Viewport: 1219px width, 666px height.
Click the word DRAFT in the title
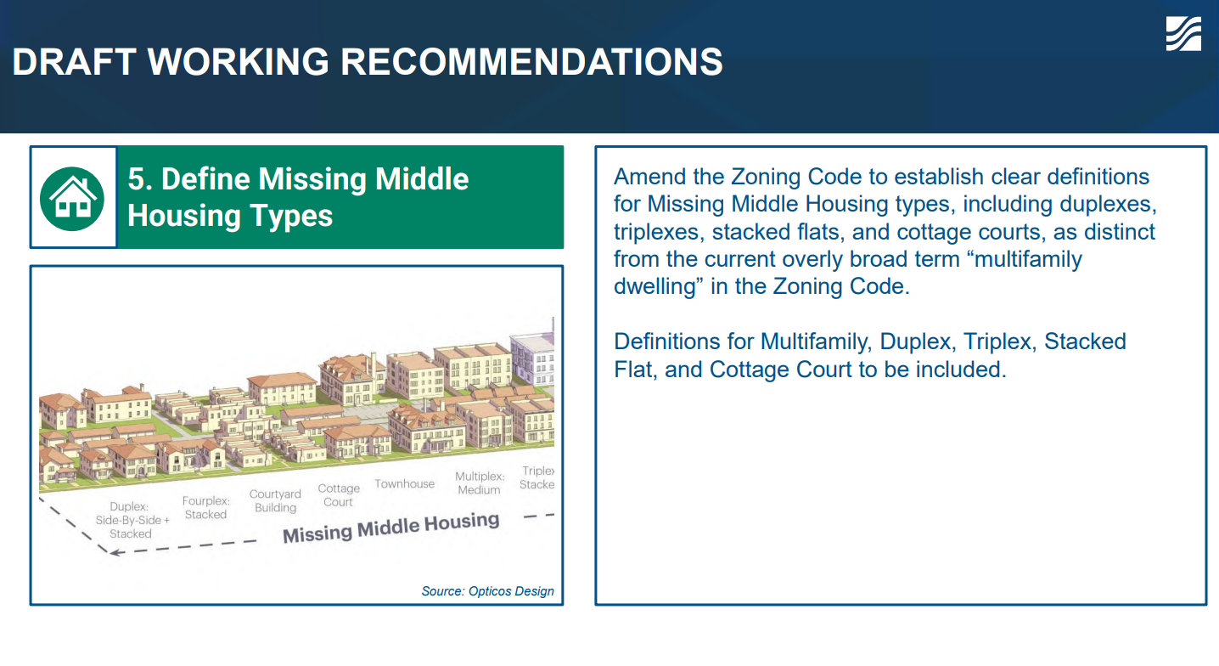tap(74, 61)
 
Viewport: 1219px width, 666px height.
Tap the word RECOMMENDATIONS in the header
tap(531, 61)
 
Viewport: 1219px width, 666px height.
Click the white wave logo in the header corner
tap(1183, 34)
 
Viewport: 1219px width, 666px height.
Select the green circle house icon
tap(72, 199)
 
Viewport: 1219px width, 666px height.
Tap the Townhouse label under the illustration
tap(404, 483)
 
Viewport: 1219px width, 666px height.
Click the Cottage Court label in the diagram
tap(339, 495)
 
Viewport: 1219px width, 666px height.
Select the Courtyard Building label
tap(275, 500)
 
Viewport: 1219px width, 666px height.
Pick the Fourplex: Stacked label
tap(205, 507)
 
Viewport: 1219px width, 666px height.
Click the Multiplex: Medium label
tap(480, 483)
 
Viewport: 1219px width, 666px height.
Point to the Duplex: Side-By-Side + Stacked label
tap(132, 520)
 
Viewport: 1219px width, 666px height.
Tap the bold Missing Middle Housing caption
tap(390, 528)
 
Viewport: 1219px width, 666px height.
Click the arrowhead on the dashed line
tap(115, 553)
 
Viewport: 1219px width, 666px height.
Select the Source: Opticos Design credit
tap(487, 591)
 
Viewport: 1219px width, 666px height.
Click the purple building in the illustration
tap(533, 357)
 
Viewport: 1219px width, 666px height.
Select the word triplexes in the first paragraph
tap(659, 233)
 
